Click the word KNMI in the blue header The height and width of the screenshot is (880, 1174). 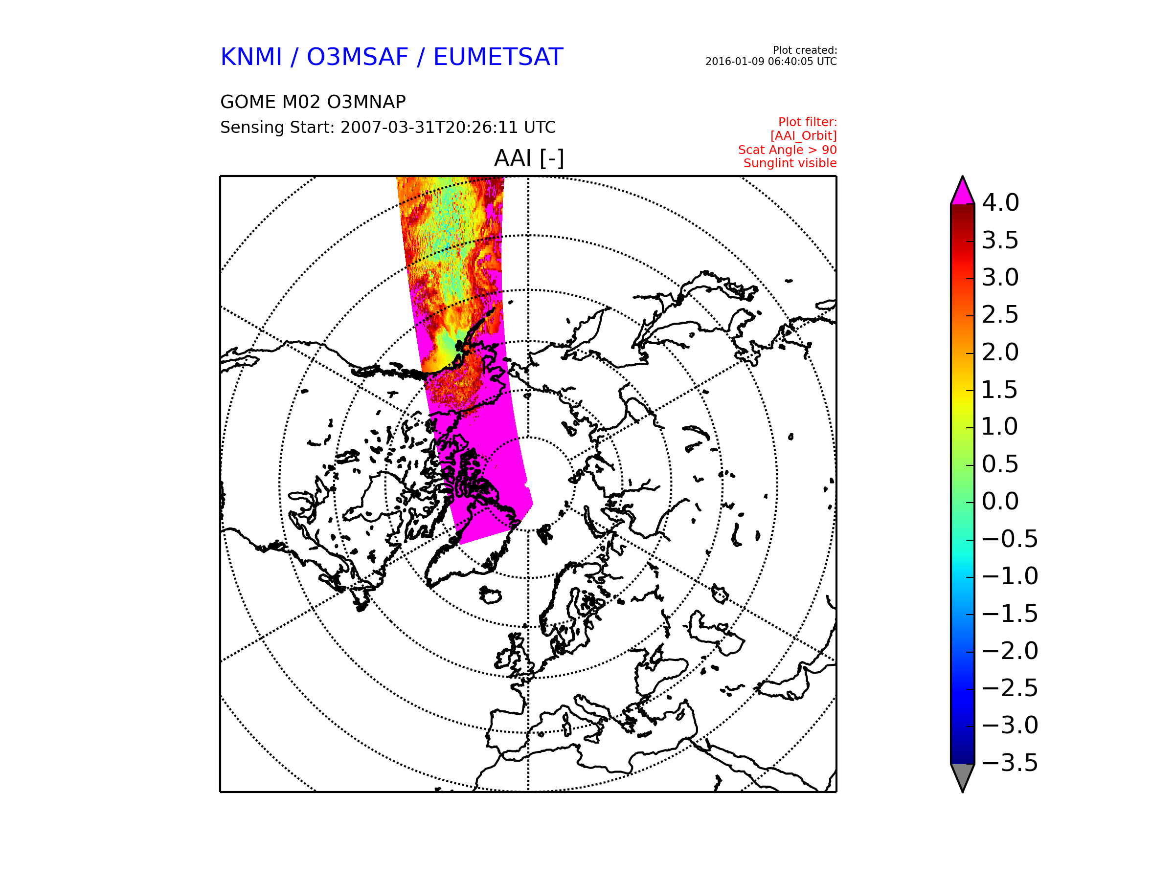[251, 57]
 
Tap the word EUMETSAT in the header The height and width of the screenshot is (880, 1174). [498, 57]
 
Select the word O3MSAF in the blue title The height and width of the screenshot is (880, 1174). [357, 57]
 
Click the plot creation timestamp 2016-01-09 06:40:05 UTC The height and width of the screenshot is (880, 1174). [770, 62]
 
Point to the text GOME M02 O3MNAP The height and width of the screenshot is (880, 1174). [313, 102]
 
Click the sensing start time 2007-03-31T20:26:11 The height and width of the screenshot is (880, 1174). [429, 127]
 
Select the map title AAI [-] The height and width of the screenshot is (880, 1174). [529, 158]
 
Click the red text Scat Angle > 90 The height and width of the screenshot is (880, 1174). [787, 150]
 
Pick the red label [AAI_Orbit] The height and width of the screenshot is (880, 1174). [804, 136]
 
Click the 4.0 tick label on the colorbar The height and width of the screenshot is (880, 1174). [1000, 202]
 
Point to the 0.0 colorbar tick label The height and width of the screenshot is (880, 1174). [1000, 501]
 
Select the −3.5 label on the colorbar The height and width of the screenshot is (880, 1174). [1010, 763]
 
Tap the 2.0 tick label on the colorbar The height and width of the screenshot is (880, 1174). [1000, 352]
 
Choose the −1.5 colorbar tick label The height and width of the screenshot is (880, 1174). [1010, 614]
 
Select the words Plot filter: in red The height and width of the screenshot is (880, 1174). [807, 122]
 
